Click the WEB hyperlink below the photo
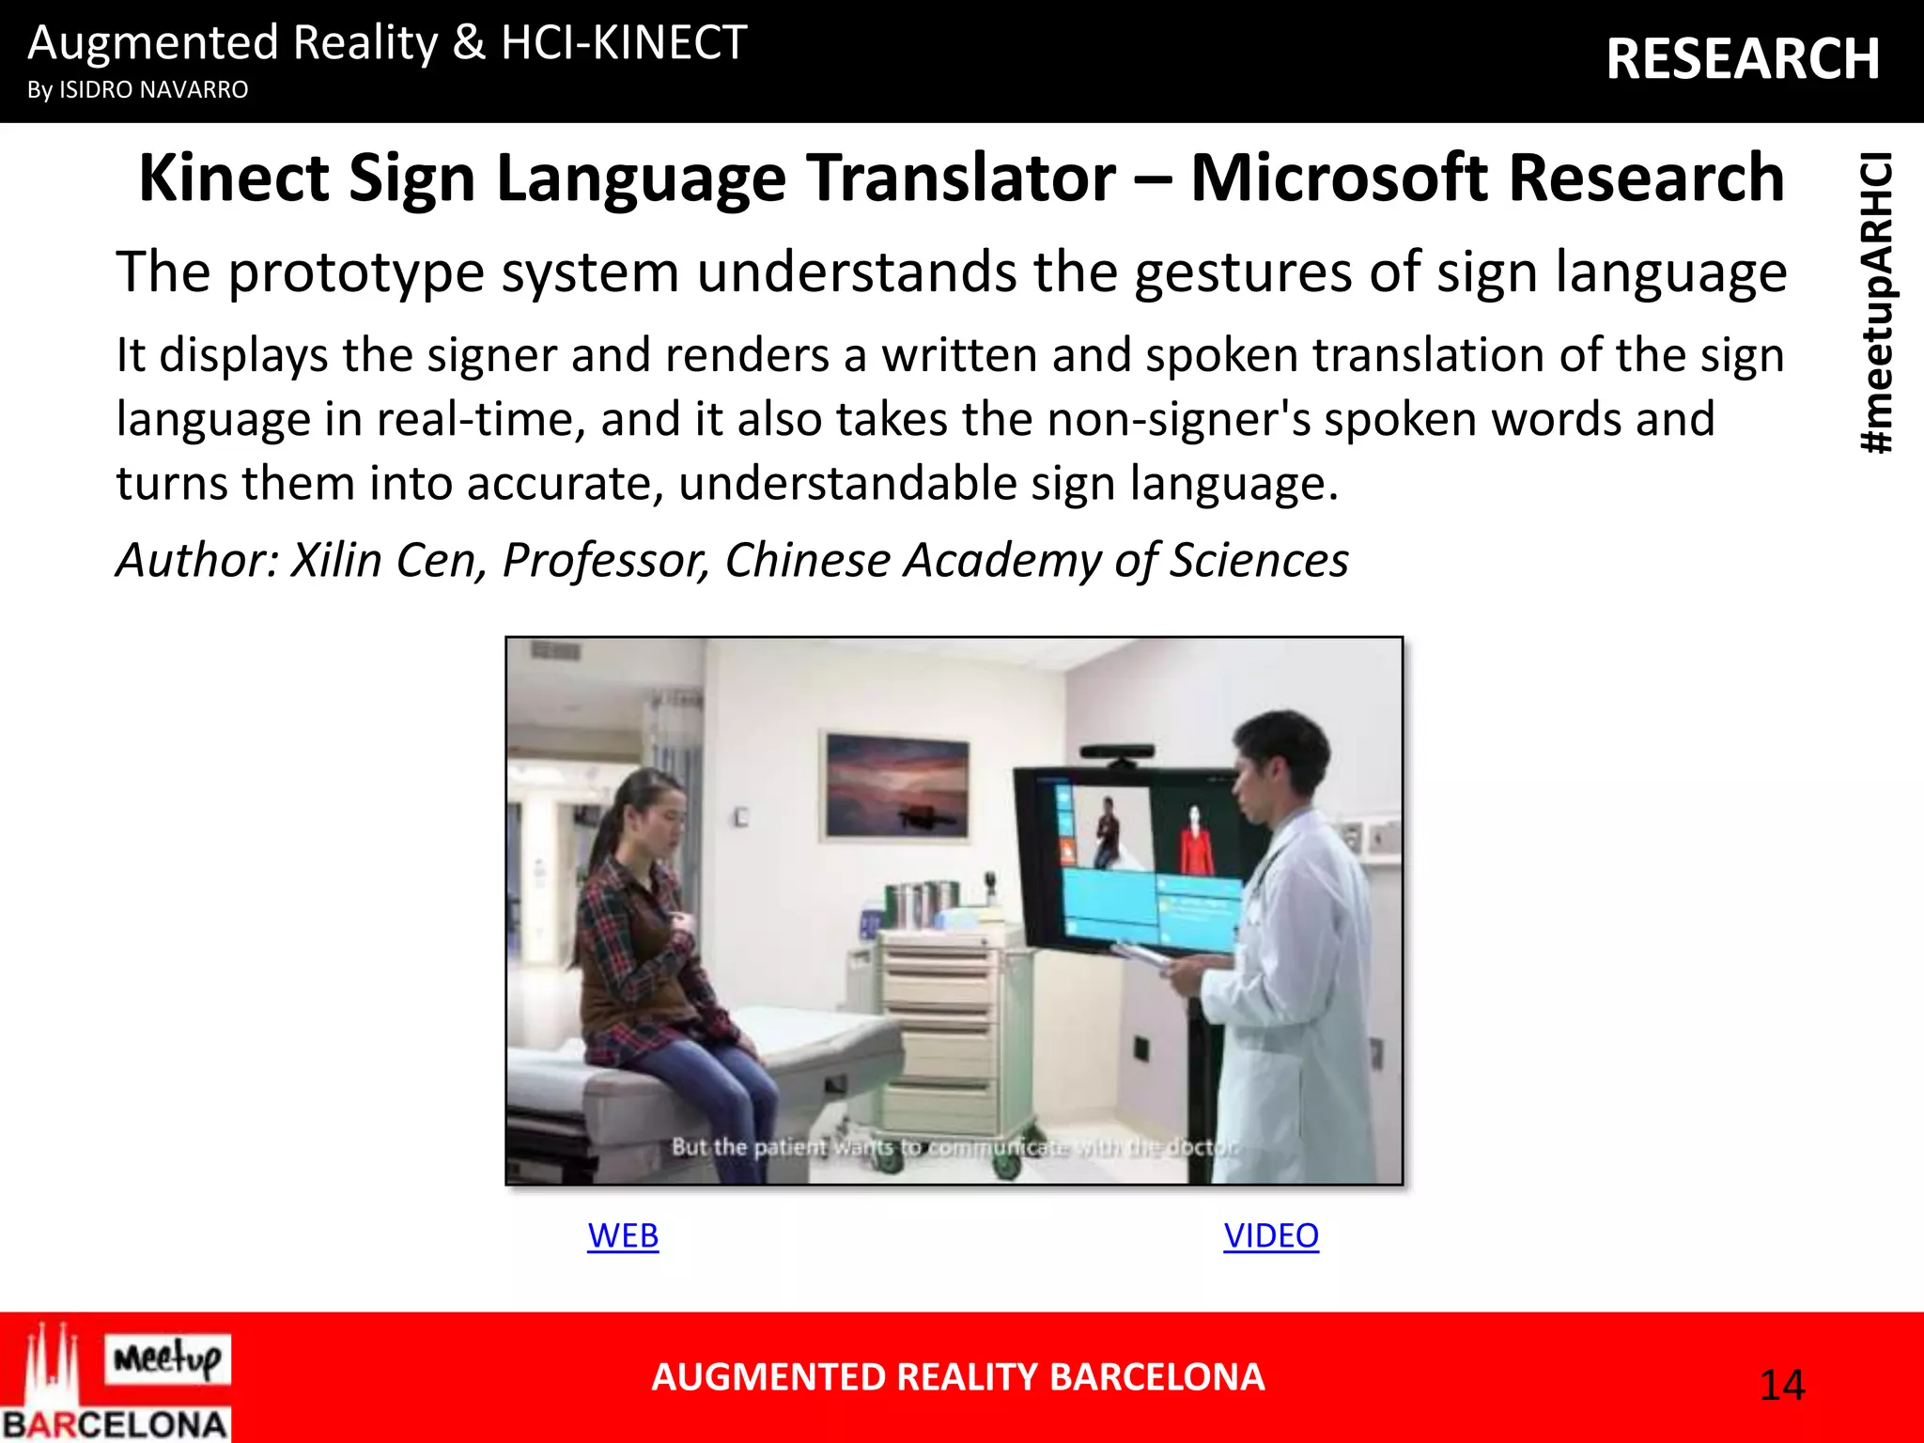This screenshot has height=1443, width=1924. [623, 1235]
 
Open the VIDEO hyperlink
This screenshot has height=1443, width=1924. [1270, 1235]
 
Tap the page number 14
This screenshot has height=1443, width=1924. [1781, 1386]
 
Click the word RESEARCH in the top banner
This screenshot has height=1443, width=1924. [1743, 58]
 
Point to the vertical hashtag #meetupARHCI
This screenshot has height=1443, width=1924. [1878, 303]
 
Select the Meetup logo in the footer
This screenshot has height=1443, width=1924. [167, 1358]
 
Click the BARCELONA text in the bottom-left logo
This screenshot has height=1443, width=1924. [115, 1424]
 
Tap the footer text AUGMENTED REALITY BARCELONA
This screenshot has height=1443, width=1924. [957, 1377]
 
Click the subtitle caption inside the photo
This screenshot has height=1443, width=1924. [954, 1147]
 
